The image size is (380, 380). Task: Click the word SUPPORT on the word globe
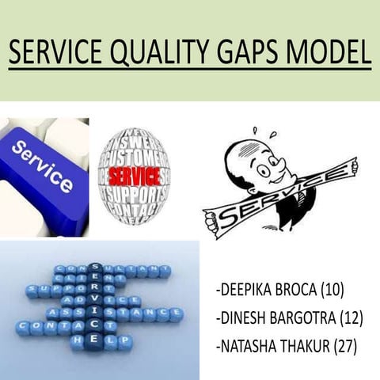[135, 194]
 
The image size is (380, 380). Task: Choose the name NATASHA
[249, 346]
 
